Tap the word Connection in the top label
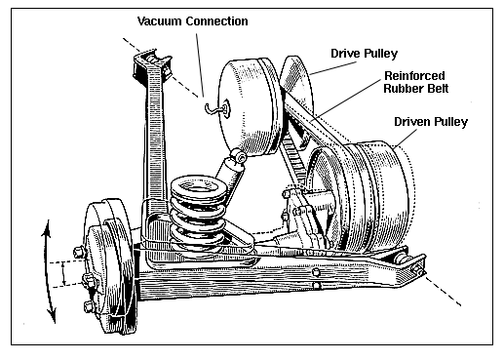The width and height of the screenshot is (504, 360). pos(216,21)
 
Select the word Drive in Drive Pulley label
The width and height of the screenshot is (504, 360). pos(345,54)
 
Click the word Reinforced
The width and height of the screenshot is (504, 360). pos(414,76)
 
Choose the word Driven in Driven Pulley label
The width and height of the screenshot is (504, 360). pos(412,122)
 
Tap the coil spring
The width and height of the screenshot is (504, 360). pos(198,217)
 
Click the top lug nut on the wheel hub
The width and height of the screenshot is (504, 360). pos(79,252)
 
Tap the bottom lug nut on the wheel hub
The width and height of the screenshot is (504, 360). pos(89,307)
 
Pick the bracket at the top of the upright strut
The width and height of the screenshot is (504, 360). pos(152,66)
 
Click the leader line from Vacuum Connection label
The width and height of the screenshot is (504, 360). pos(200,64)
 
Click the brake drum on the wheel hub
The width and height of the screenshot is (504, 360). pos(109,266)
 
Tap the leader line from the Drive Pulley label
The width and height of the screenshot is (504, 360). pos(333,68)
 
